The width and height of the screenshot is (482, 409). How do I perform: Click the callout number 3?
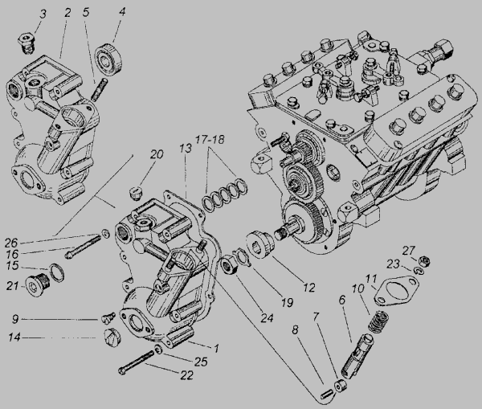coord(43,14)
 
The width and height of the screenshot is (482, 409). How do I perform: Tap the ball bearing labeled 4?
coord(108,59)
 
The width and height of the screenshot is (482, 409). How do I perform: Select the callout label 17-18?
coord(210,140)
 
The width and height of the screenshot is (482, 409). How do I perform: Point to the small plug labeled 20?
coord(135,192)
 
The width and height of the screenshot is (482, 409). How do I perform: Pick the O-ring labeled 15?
coord(57,272)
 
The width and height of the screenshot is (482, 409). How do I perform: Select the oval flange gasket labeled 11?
coord(396,291)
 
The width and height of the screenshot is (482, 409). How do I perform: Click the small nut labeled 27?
coord(424,261)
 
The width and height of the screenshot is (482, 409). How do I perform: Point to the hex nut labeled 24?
coord(229,265)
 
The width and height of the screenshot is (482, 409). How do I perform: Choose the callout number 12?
coord(309,288)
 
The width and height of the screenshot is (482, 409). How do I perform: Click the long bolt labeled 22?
coord(137,362)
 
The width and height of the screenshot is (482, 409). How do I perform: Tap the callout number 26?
coord(11,243)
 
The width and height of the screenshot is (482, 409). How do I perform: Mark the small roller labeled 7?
coord(340,386)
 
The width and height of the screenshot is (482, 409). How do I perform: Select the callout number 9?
coord(15,319)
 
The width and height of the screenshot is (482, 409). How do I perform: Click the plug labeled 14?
coord(111,337)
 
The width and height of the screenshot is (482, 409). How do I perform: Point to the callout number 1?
coord(216,349)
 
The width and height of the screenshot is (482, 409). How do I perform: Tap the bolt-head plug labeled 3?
coord(27,44)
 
